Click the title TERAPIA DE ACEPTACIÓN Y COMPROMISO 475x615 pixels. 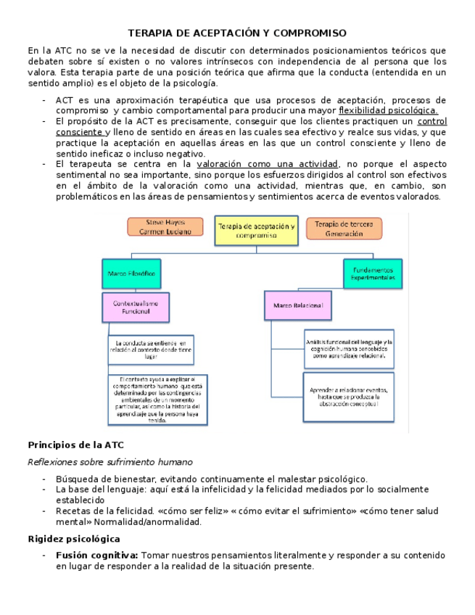[x=237, y=33]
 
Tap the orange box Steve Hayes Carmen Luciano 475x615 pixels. [x=165, y=226]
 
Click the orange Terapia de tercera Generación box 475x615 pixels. [x=344, y=228]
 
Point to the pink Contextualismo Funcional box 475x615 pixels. [x=136, y=307]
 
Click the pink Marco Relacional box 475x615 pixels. [x=297, y=306]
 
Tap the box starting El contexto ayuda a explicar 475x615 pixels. [x=158, y=399]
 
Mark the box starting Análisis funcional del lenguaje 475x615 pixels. [x=349, y=348]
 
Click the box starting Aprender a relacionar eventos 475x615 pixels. [x=348, y=395]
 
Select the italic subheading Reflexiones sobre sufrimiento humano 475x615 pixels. [x=110, y=461]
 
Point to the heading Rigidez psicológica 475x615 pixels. [x=73, y=539]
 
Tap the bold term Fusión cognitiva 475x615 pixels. [x=97, y=556]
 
